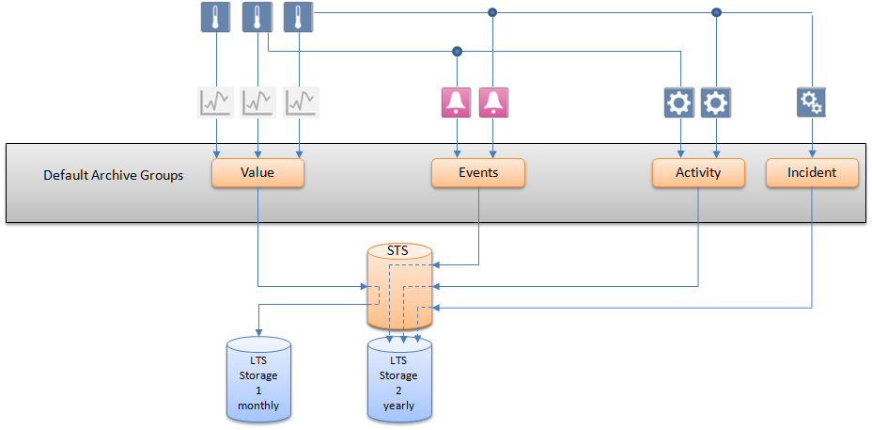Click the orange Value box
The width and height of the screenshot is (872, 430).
[x=257, y=173]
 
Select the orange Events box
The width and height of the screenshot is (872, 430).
[x=477, y=173]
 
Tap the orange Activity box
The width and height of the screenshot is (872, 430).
[x=698, y=173]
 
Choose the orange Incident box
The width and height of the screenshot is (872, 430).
[x=812, y=173]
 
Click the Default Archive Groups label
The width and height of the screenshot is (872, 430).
[x=112, y=175]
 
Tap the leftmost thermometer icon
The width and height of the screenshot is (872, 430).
[x=216, y=17]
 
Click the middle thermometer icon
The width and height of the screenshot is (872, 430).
[x=257, y=17]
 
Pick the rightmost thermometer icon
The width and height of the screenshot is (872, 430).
[x=298, y=17]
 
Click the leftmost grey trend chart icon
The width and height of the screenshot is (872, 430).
[x=215, y=102]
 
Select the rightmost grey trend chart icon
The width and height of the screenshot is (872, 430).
[x=302, y=102]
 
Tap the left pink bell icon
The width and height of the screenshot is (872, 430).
[x=457, y=102]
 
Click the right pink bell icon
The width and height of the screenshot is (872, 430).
[x=493, y=102]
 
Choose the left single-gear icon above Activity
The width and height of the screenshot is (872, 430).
[x=678, y=102]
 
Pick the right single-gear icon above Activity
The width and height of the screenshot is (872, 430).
[x=716, y=102]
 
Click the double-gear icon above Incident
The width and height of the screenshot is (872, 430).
[x=812, y=102]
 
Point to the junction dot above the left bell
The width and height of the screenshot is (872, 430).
[x=457, y=51]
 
